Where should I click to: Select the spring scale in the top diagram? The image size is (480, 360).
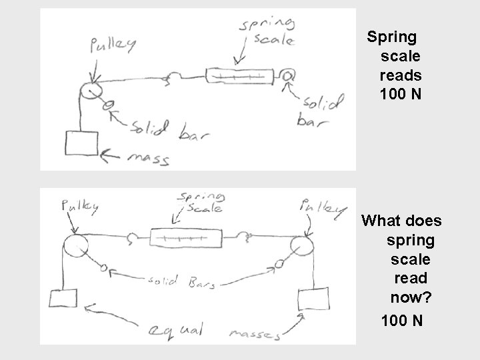(x=239, y=77)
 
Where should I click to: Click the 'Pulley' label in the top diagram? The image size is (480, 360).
(x=113, y=45)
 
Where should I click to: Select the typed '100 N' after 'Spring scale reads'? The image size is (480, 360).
(x=400, y=95)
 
